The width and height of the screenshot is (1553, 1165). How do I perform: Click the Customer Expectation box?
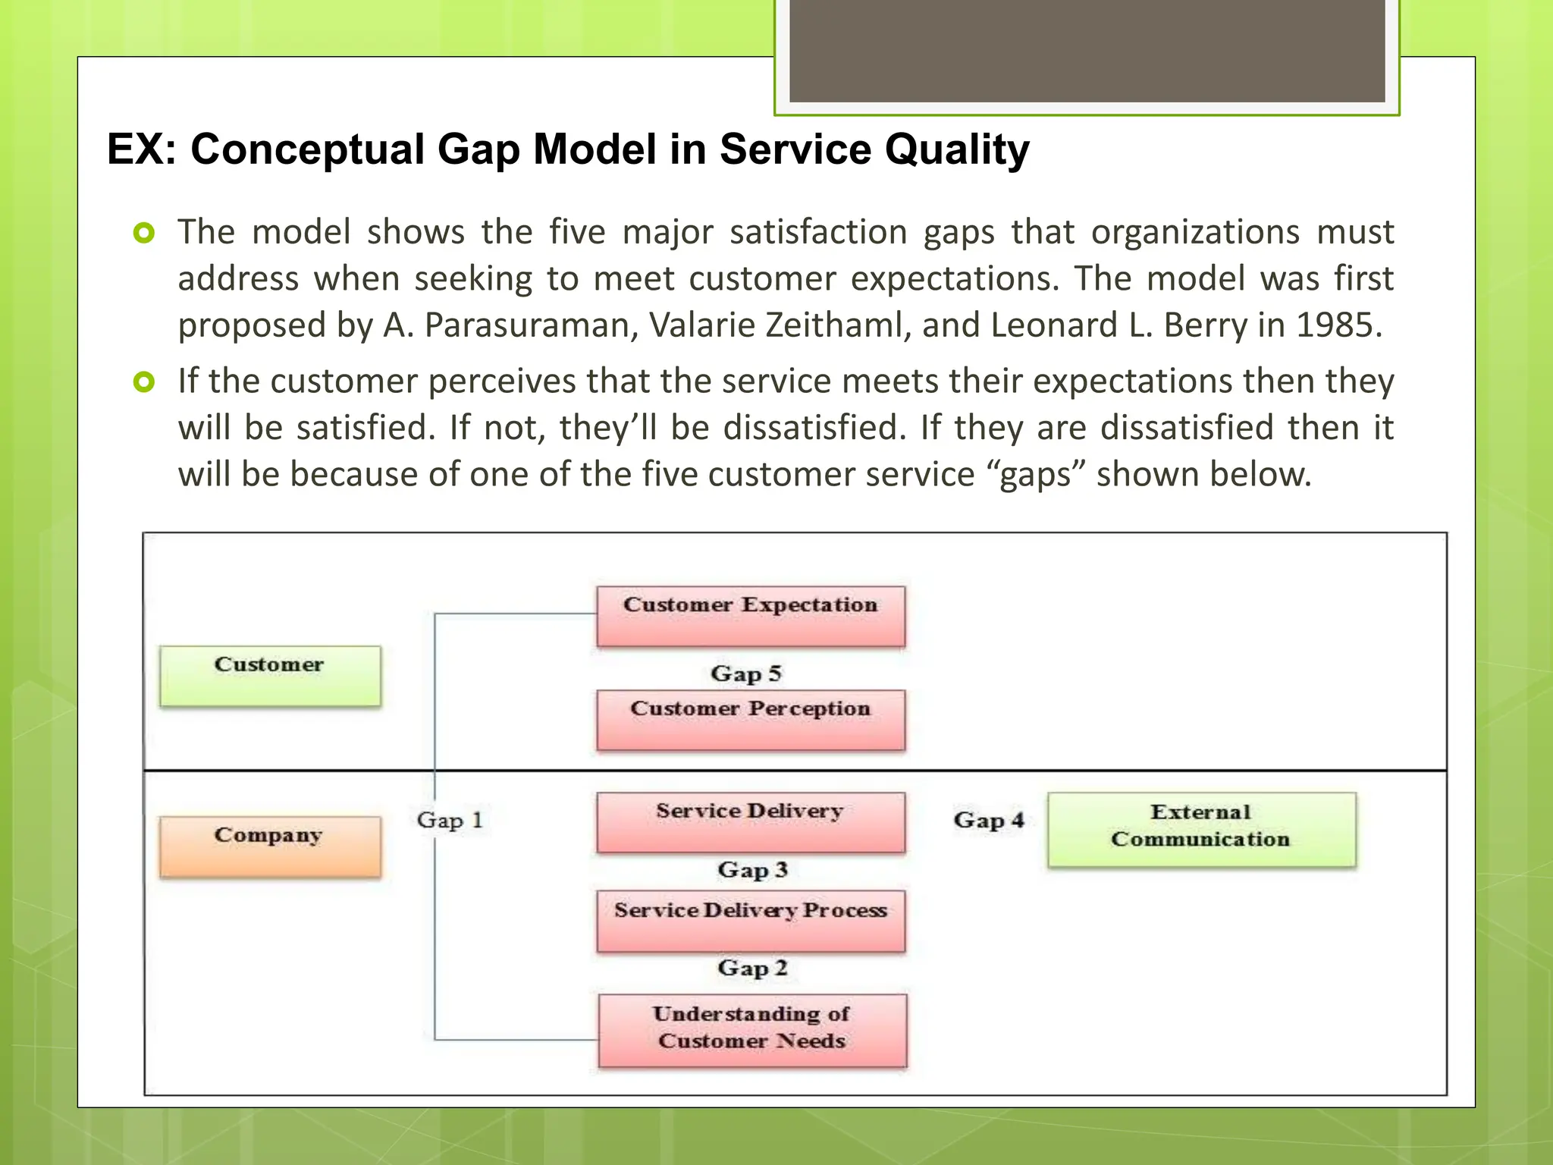tap(750, 616)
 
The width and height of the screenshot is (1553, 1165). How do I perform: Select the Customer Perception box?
tap(750, 720)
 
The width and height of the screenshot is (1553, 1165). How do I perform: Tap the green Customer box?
tap(270, 676)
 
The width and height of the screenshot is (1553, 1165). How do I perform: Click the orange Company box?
tap(270, 846)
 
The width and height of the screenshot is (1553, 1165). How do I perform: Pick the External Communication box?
tap(1201, 830)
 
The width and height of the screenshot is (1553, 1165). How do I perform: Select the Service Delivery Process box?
tap(750, 921)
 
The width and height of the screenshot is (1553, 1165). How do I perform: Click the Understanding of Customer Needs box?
tap(751, 1030)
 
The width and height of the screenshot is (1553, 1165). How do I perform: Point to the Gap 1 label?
tap(450, 820)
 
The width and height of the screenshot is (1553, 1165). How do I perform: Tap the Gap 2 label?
tap(752, 968)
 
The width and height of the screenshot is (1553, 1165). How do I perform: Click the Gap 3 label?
tap(752, 869)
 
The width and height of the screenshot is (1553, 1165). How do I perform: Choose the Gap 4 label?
tap(989, 820)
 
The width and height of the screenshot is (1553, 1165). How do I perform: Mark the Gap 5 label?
tap(745, 674)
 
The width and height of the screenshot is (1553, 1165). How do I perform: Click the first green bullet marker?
tap(143, 233)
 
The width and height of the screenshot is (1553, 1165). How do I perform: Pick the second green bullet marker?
tap(143, 382)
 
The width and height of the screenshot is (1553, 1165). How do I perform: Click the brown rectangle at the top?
tap(1087, 50)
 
